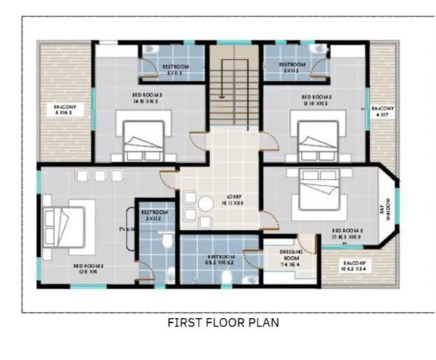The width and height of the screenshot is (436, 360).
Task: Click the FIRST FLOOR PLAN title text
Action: (223, 321)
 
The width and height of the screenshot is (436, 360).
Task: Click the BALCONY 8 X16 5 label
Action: (65, 111)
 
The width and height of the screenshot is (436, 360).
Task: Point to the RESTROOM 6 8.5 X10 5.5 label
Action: (220, 260)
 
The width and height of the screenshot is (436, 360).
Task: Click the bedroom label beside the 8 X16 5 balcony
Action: (147, 99)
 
